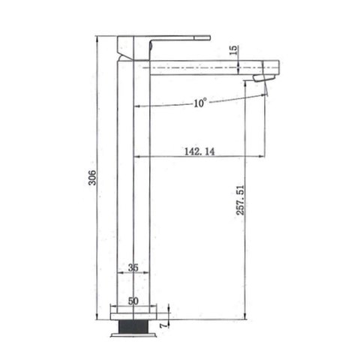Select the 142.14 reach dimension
[199, 150]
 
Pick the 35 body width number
[133, 267]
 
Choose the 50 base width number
[134, 300]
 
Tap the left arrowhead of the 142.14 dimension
[137, 156]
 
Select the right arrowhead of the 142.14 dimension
[263, 156]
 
